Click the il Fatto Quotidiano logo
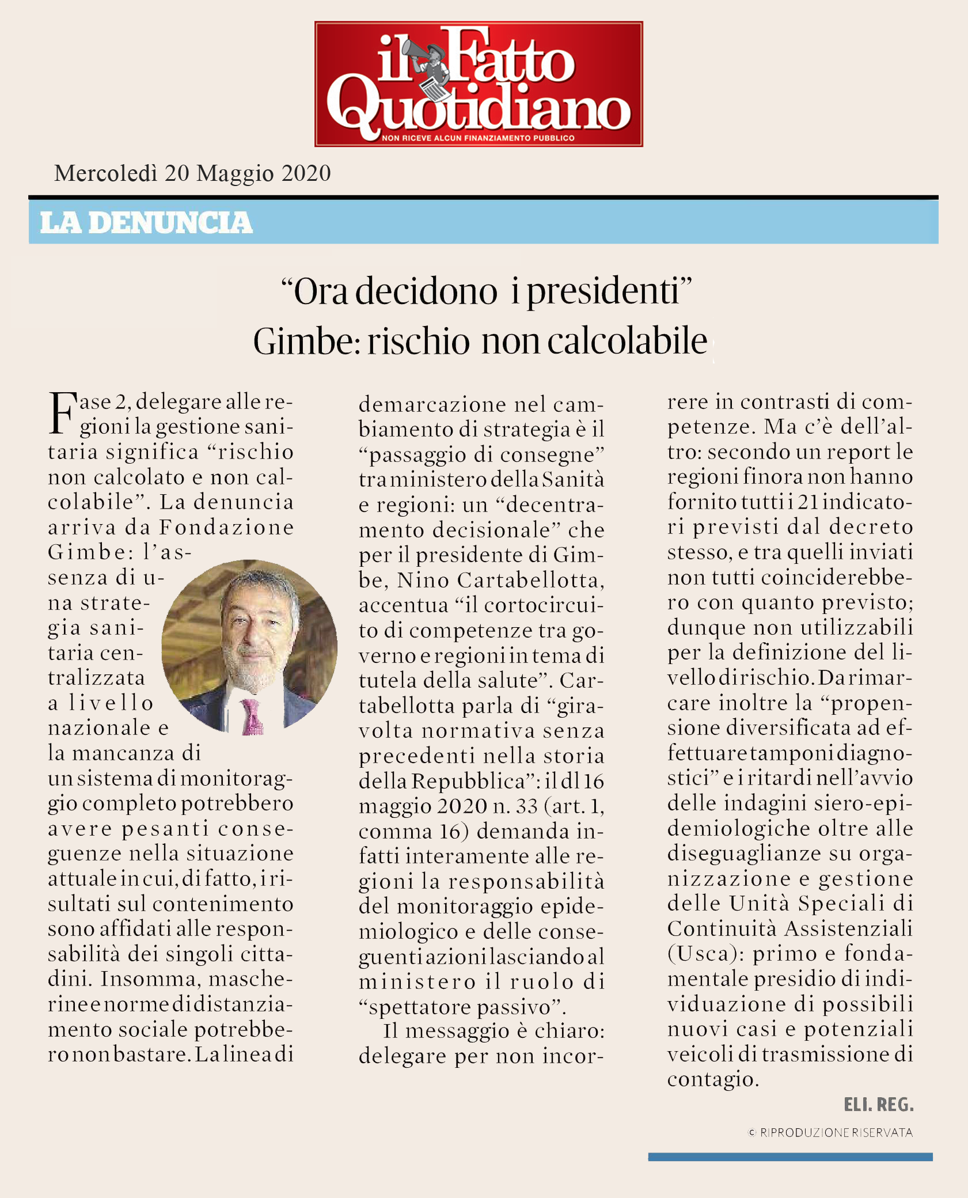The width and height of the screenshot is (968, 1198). tap(478, 84)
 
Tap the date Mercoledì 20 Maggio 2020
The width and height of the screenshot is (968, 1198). tap(192, 173)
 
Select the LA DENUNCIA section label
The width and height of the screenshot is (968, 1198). tap(146, 223)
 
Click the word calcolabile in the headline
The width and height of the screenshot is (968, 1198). tap(627, 342)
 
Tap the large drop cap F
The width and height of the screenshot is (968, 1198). tap(62, 413)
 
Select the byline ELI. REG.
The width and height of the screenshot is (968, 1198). tap(878, 1105)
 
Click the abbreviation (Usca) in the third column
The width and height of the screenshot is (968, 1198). tap(706, 954)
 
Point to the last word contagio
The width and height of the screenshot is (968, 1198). tap(712, 1079)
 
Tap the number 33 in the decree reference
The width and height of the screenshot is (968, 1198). tap(526, 806)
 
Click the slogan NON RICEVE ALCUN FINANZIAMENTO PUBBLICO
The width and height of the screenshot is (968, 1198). tap(478, 138)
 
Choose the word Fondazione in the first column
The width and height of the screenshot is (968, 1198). tap(226, 527)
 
